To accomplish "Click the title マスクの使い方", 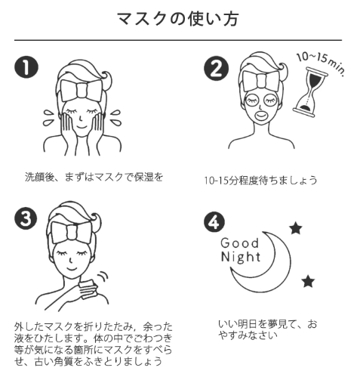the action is pyautogui.click(x=178, y=19).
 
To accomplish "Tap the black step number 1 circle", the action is pyautogui.click(x=26, y=67).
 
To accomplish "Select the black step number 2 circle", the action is pyautogui.click(x=216, y=68).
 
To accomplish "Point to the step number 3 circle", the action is pyautogui.click(x=26, y=218).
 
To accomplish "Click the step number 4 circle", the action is pyautogui.click(x=214, y=221).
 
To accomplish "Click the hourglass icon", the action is pyautogui.click(x=310, y=92).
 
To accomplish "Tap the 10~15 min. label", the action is pyautogui.click(x=321, y=63).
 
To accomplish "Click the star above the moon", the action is pyautogui.click(x=296, y=228).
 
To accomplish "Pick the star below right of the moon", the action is pyautogui.click(x=308, y=281).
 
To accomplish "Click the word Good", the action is pyautogui.click(x=240, y=243).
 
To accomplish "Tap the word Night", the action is pyautogui.click(x=241, y=257).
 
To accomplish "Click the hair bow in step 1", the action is pyautogui.click(x=82, y=91).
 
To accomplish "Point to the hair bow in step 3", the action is pyautogui.click(x=72, y=233).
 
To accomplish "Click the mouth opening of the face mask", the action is pyautogui.click(x=261, y=116).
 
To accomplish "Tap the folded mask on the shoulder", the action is pyautogui.click(x=88, y=290).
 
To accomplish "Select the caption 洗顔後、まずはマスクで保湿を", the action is pyautogui.click(x=94, y=177).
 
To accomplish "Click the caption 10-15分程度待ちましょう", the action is pyautogui.click(x=260, y=181).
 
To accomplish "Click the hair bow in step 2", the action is pyautogui.click(x=261, y=81).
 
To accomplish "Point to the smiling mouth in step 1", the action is pyautogui.click(x=82, y=126).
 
